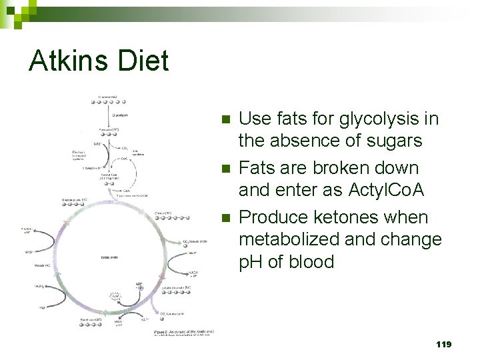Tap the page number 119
coord(443,344)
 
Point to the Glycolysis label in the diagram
coord(121,115)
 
